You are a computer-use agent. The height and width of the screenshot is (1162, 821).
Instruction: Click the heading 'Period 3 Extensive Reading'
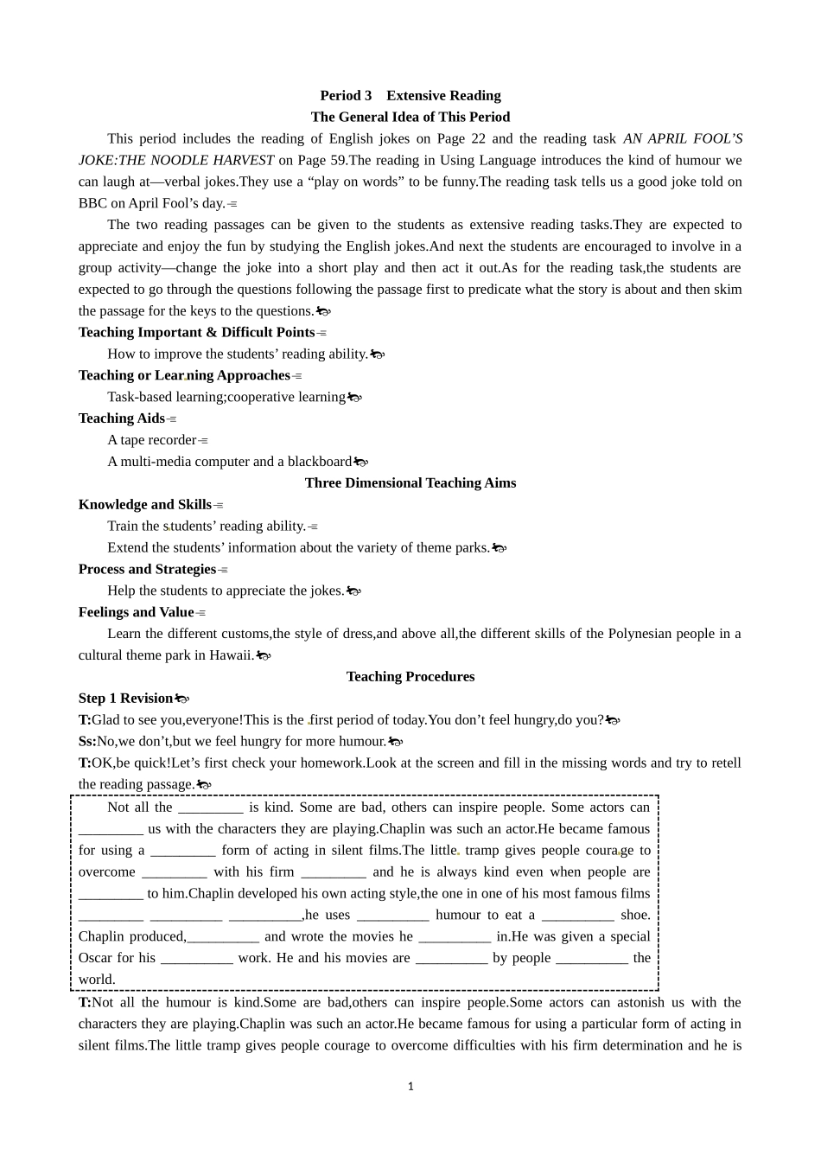[x=410, y=96]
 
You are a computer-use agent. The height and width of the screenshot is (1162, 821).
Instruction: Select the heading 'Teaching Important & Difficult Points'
[x=196, y=332]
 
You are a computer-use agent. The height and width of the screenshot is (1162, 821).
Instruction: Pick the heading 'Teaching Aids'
[x=121, y=418]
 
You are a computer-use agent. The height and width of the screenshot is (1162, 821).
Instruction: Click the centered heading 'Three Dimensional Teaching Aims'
[x=410, y=483]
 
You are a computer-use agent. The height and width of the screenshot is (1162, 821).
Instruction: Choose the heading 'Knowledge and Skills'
[x=144, y=505]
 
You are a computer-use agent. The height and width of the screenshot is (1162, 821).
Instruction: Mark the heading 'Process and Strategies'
[x=147, y=569]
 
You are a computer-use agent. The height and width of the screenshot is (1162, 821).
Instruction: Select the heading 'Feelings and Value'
[x=136, y=612]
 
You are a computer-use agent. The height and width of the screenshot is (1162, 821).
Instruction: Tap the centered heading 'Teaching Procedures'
[x=410, y=677]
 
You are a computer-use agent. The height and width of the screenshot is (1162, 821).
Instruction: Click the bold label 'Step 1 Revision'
[x=125, y=699]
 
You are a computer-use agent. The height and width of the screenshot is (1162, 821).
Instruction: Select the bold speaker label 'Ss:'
[x=86, y=741]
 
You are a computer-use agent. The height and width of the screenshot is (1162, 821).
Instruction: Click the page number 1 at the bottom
[x=410, y=1087]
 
